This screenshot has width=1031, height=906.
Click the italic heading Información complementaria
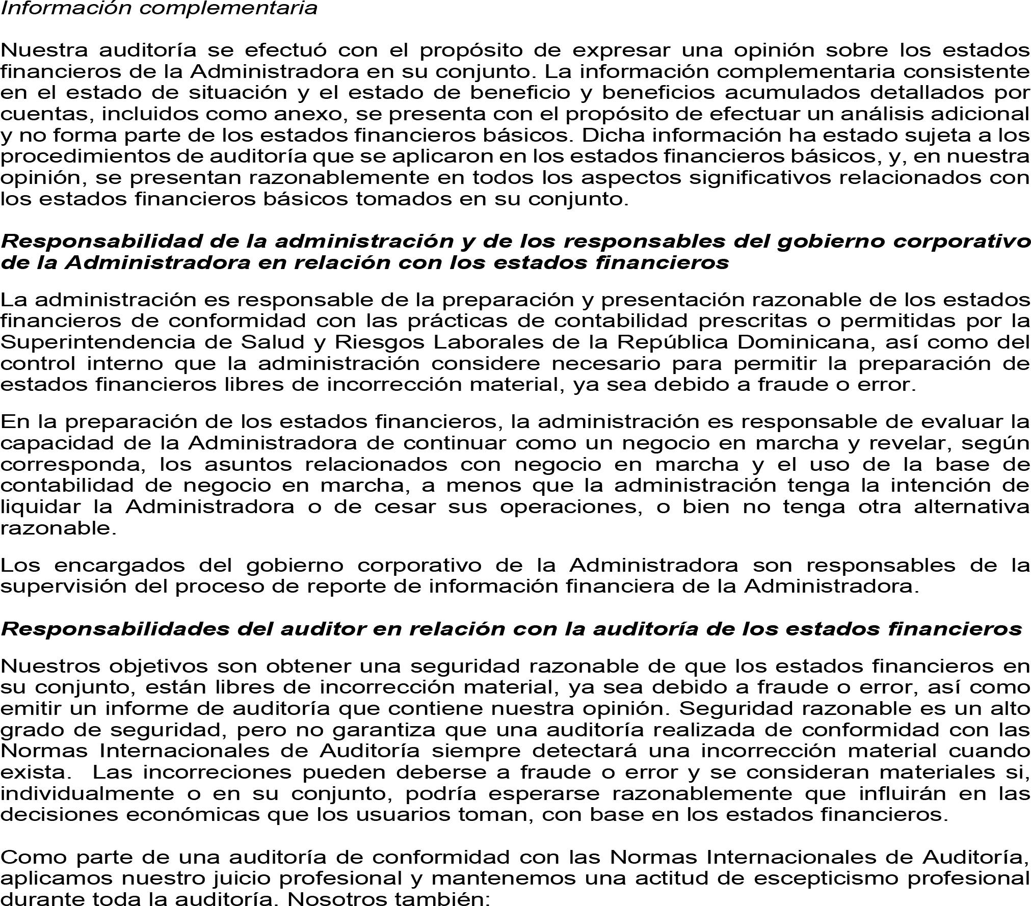click(159, 8)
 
